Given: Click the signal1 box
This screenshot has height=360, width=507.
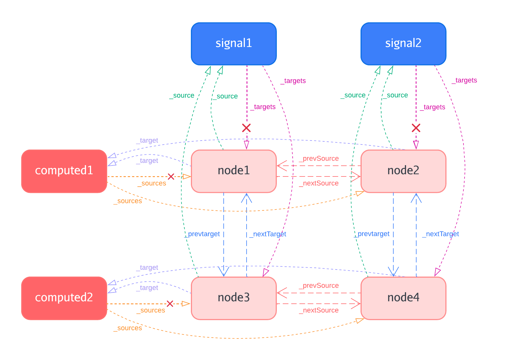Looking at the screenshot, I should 234,44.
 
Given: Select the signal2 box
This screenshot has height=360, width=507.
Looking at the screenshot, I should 403,44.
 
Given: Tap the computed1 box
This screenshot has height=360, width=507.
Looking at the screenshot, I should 64,171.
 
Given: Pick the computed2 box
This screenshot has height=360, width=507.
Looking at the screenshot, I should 64,298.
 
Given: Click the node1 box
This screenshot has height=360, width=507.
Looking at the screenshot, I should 234,171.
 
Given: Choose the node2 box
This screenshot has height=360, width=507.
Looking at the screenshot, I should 403,171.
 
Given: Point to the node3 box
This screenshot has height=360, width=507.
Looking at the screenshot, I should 234,298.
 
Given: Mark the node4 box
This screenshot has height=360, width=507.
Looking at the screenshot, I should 403,298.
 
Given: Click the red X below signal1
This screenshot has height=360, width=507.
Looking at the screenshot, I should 246,128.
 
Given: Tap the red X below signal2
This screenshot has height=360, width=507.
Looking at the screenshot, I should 416,128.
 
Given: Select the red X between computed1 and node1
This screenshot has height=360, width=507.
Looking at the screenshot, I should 171,177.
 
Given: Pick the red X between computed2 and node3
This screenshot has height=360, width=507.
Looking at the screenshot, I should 170,304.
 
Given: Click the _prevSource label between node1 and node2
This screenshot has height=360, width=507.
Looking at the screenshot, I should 319,159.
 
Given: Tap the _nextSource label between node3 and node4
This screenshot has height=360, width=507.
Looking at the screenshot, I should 319,310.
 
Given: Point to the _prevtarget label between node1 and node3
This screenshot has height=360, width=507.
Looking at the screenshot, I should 202,234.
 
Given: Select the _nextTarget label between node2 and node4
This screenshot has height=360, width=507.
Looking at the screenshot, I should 441,234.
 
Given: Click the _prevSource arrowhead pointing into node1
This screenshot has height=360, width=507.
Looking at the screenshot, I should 281,166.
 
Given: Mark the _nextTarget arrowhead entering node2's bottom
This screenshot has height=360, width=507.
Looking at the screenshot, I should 416,198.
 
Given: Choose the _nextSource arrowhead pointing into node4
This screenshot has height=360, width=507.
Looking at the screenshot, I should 356,304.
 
